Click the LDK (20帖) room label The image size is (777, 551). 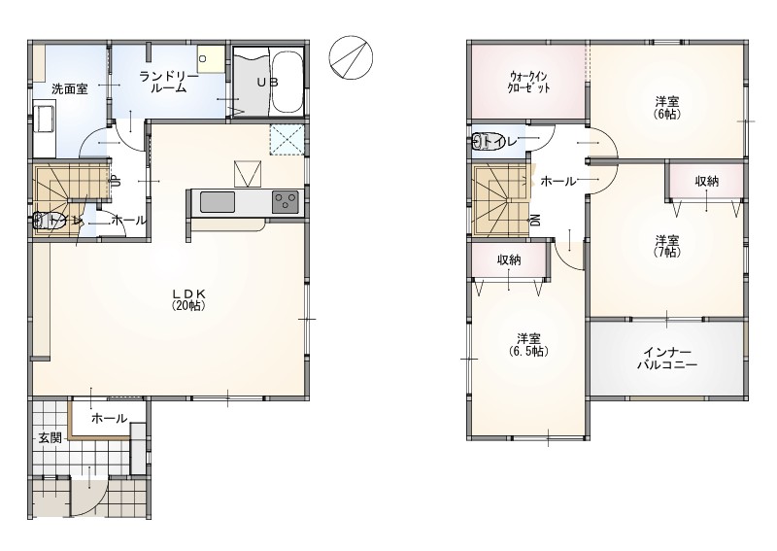188,299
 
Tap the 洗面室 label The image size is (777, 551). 70,89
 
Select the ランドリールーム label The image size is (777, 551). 168,83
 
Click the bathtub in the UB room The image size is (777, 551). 287,83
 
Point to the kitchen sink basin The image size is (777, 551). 218,202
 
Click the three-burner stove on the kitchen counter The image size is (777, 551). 285,202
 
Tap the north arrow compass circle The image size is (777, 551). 352,57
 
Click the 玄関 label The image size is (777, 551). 51,438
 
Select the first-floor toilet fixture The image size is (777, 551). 50,221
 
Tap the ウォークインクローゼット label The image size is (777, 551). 528,83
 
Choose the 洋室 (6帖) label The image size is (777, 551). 667,107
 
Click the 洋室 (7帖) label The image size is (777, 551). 667,246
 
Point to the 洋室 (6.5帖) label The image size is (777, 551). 528,345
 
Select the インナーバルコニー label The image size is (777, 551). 667,359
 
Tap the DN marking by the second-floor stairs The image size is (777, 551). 535,221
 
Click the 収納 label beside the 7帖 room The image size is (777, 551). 707,182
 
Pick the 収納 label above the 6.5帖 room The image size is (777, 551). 509,259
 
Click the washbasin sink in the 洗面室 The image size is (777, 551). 45,119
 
